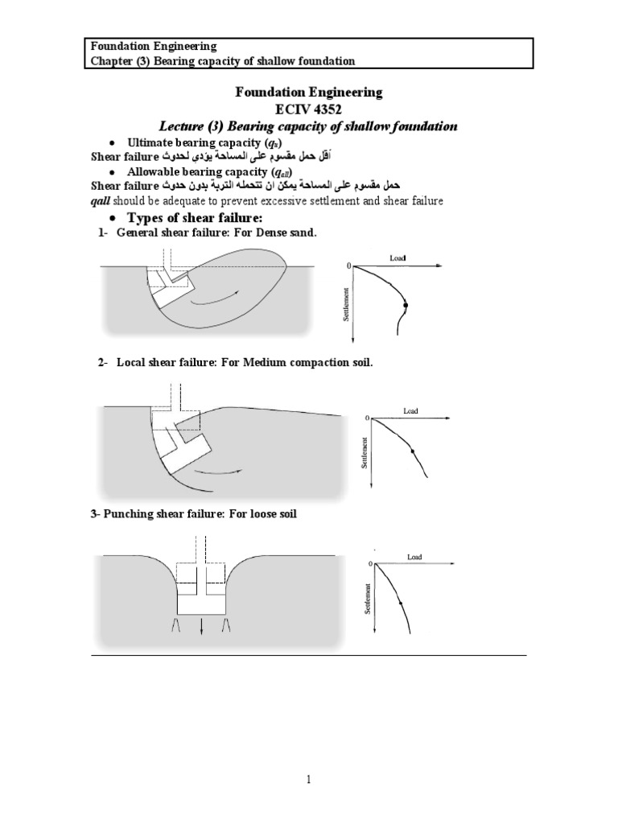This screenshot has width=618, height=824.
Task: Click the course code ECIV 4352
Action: coord(309,109)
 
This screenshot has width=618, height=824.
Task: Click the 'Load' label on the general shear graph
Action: coord(398,257)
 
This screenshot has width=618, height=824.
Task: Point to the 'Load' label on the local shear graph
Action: coord(410,411)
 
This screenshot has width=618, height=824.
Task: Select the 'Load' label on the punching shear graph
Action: coord(414,557)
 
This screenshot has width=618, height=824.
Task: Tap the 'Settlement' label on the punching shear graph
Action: coord(367,599)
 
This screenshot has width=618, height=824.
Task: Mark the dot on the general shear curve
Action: coord(406,305)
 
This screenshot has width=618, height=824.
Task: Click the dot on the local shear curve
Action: coord(413,452)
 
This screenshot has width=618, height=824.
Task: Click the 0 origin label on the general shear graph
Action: coord(348,266)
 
